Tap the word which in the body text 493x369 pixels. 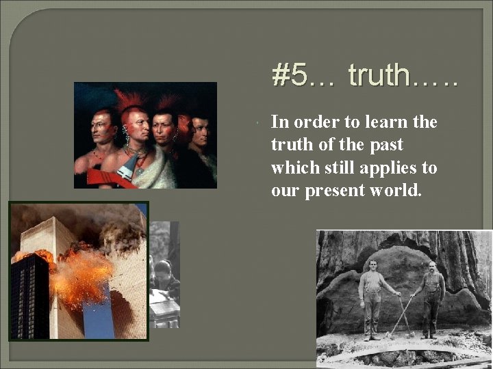coord(292,167)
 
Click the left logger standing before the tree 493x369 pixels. coord(372,297)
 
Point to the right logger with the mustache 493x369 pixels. coord(431,297)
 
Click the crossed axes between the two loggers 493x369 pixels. coord(403,314)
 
